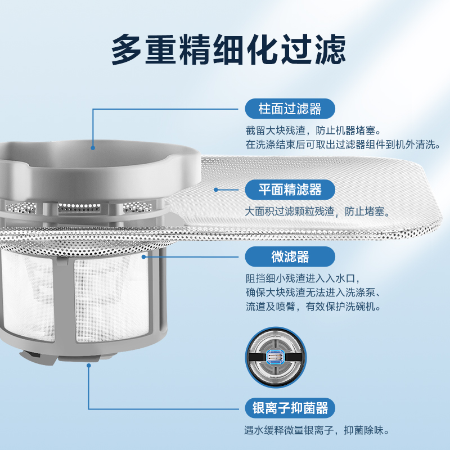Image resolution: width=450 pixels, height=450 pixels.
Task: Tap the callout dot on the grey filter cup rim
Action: pyautogui.click(x=93, y=147)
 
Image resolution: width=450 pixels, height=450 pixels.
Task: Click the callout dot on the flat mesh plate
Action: pyautogui.click(x=216, y=190)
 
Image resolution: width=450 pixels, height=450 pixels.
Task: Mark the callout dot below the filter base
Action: pyautogui.click(x=88, y=365)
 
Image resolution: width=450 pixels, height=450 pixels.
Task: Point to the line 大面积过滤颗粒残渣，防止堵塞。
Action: pyautogui.click(x=317, y=211)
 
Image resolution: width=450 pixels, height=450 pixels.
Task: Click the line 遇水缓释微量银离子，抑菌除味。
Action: pyautogui.click(x=317, y=430)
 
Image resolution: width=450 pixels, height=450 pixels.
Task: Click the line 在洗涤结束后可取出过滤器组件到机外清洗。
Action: pyautogui.click(x=341, y=145)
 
